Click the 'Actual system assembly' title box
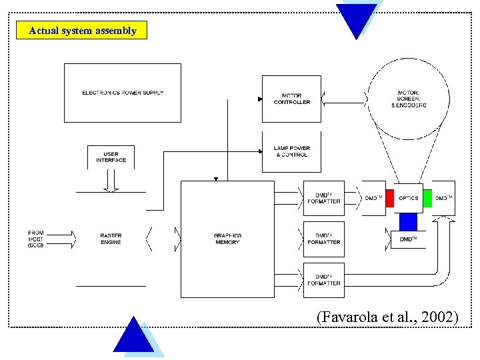pos(83,31)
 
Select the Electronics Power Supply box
pos(122,93)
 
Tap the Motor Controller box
pos(291,99)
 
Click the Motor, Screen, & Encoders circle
pos(411,99)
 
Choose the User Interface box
pos(111,157)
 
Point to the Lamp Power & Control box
pos(291,151)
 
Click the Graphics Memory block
pos(227,239)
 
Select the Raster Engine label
pos(111,239)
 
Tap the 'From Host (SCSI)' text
pos(36,239)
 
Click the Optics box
pos(408,198)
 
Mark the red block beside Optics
pos(389,198)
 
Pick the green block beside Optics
pos(427,198)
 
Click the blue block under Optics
pos(408,221)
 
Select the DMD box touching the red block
pos(373,198)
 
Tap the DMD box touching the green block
pos(444,198)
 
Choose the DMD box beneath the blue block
pos(408,239)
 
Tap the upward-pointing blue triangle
pos(134,337)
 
